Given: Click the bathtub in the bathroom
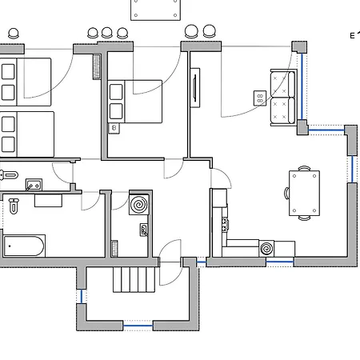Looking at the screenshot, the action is [24, 246].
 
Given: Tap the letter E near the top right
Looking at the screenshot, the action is [352, 36].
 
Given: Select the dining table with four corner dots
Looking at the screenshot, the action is [304, 193].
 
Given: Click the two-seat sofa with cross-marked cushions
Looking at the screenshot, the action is [283, 98].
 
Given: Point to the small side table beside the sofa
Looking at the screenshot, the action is [260, 98].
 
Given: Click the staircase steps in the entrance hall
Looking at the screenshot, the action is [134, 280].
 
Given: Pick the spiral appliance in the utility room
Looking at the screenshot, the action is [138, 205].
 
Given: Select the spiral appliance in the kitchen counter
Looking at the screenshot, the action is [266, 249].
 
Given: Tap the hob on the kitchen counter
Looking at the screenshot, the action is [226, 224].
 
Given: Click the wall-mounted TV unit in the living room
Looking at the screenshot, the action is [195, 88].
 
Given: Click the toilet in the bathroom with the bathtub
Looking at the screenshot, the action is [14, 206].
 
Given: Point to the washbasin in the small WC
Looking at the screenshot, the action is [34, 185].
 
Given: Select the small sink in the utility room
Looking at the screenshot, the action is [144, 230].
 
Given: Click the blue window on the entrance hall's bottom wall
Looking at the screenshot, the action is [138, 326].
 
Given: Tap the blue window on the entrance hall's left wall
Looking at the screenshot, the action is [82, 296].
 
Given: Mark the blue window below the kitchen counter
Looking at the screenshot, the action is [280, 262].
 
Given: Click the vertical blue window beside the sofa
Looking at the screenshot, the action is [302, 86].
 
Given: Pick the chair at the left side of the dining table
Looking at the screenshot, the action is [287, 193].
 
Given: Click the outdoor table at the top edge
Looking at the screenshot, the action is [155, 10].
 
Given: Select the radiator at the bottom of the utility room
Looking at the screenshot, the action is [114, 249].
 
